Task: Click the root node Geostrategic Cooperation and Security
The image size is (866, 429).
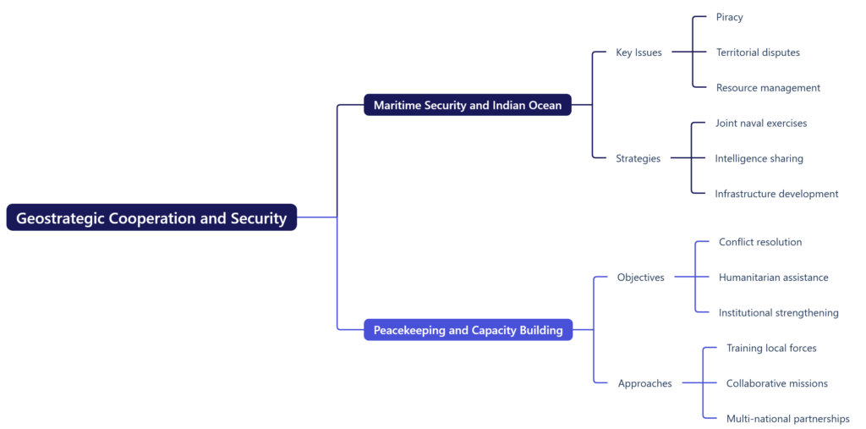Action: pyautogui.click(x=151, y=217)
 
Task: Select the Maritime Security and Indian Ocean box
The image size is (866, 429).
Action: pyautogui.click(x=468, y=105)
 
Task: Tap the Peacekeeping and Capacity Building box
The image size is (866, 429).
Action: pyautogui.click(x=468, y=330)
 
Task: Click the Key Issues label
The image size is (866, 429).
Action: pyautogui.click(x=639, y=52)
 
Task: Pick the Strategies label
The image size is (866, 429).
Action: pyautogui.click(x=638, y=158)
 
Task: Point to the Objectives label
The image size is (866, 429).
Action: pyautogui.click(x=640, y=278)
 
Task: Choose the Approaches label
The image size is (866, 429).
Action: pyautogui.click(x=644, y=383)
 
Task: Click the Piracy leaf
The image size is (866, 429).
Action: pyautogui.click(x=729, y=17)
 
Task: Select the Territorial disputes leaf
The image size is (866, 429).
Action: pyautogui.click(x=758, y=52)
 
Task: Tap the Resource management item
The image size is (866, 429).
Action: pyautogui.click(x=768, y=88)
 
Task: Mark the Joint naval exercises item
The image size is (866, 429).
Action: pyautogui.click(x=761, y=124)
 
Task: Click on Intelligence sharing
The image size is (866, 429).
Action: pyautogui.click(x=759, y=158)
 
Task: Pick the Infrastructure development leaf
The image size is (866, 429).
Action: pyautogui.click(x=776, y=194)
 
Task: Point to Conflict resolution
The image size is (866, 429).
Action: pyautogui.click(x=760, y=242)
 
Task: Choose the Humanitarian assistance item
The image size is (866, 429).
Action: pyautogui.click(x=773, y=278)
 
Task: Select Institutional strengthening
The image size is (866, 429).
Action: pyautogui.click(x=778, y=313)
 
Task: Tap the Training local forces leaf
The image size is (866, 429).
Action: pyautogui.click(x=771, y=349)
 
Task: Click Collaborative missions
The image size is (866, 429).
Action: pyautogui.click(x=776, y=383)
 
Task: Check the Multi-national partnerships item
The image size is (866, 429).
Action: pyautogui.click(x=787, y=419)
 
